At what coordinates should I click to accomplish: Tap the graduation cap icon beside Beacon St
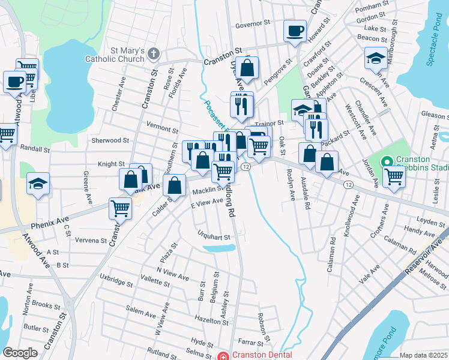375,58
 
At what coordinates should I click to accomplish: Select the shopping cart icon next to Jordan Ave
394,177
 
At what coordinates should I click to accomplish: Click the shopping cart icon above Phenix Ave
120,208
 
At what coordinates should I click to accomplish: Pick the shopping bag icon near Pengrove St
247,67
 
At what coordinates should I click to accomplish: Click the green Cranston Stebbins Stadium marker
387,161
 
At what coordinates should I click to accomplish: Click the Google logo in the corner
20,353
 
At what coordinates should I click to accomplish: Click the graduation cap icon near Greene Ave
38,183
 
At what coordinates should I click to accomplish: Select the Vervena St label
91,241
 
